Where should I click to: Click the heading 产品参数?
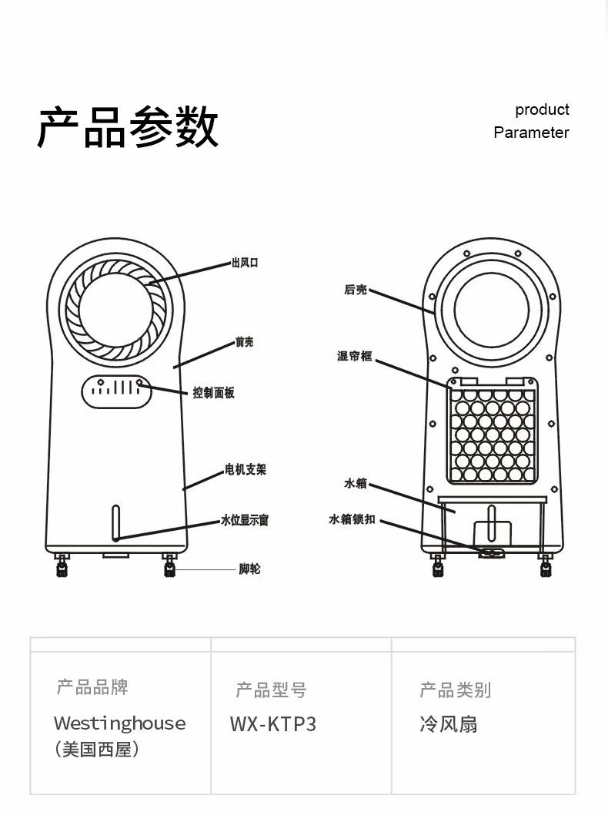pos(129,127)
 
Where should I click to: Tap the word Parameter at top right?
pos(531,133)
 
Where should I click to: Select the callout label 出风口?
pos(245,263)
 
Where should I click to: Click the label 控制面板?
pos(213,393)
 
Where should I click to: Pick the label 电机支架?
pos(246,469)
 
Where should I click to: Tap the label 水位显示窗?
pos(245,521)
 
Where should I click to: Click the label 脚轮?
pos(249,569)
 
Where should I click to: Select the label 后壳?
pos(356,290)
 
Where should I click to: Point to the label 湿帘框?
pos(354,356)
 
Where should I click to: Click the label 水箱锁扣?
pos(352,519)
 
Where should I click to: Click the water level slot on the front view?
pos(115,523)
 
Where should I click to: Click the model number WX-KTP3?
pos(273,724)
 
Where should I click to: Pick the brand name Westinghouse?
pos(120,723)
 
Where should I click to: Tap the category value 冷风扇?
pos(448,724)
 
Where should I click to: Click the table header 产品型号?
pos(271,690)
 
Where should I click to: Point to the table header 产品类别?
pos(455,690)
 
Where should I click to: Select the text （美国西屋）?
pos(98,749)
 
